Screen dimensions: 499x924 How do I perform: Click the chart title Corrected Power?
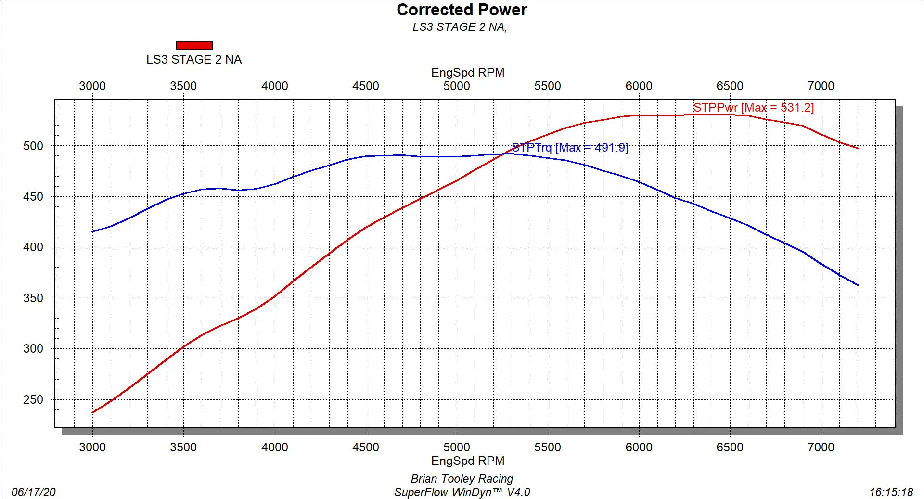(x=462, y=10)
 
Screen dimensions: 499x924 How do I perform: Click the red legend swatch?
(x=194, y=45)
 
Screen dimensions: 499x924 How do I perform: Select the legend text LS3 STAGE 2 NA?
(x=194, y=59)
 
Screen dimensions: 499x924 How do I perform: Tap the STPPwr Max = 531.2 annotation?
(x=753, y=107)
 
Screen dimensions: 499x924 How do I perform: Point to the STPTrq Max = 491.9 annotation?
(x=570, y=147)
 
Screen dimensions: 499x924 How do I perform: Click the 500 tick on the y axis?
(x=33, y=146)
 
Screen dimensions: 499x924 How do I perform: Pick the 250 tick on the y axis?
(x=33, y=399)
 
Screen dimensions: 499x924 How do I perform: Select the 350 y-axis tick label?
(x=33, y=298)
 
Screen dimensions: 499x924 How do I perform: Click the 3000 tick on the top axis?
(x=92, y=86)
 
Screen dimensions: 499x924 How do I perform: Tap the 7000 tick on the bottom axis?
(x=821, y=447)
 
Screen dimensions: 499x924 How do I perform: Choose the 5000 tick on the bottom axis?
(x=456, y=447)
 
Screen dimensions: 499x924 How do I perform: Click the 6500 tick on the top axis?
(x=730, y=86)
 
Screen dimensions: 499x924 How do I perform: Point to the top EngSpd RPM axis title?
(x=468, y=72)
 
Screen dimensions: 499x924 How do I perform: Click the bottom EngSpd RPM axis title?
(x=468, y=461)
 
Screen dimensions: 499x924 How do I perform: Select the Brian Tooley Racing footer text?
(x=462, y=478)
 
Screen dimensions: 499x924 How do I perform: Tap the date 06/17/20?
(x=33, y=492)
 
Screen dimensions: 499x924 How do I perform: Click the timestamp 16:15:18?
(x=891, y=492)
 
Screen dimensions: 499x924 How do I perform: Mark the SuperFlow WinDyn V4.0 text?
(x=462, y=492)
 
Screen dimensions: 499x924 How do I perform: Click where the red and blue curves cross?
(x=505, y=154)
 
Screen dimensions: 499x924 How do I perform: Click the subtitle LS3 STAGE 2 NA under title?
(x=460, y=27)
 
